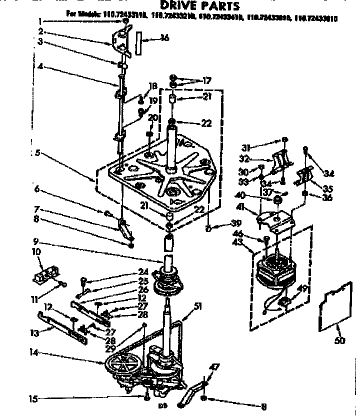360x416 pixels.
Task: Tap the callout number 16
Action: (165, 38)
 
